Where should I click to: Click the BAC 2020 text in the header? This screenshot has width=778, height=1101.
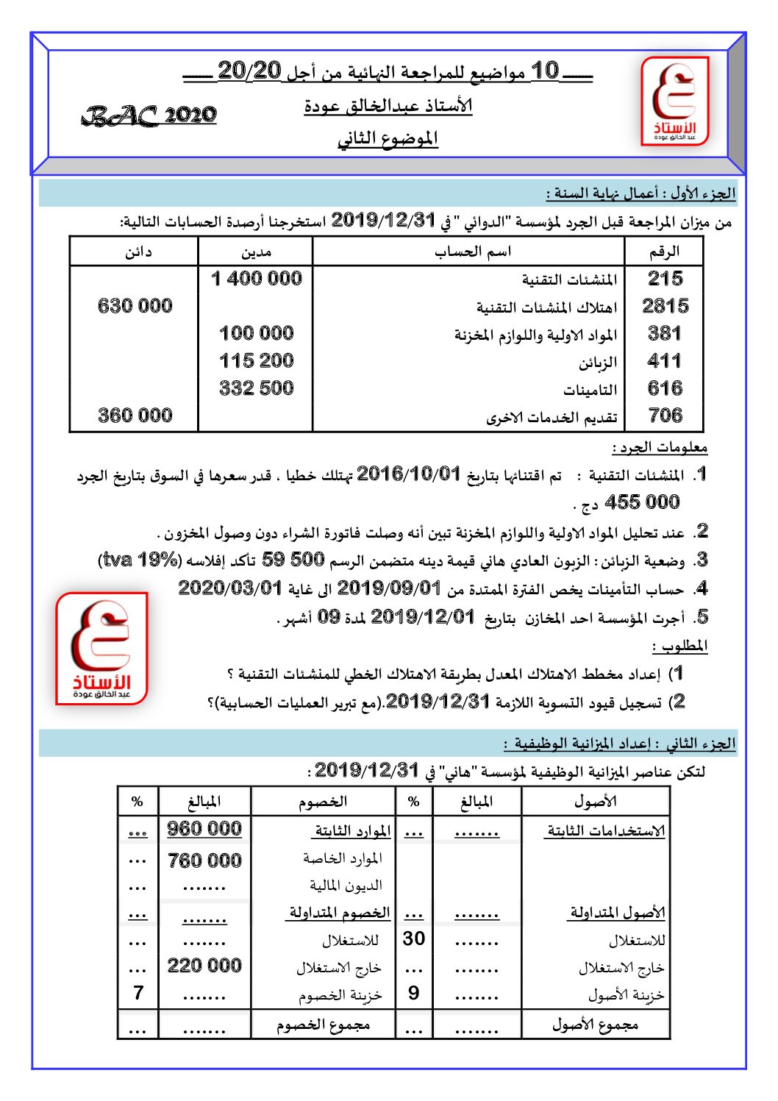[x=149, y=115]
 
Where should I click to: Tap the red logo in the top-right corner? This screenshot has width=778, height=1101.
[x=675, y=101]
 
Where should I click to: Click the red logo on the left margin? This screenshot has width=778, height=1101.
[x=101, y=649]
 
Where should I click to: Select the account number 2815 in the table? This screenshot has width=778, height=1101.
[x=665, y=306]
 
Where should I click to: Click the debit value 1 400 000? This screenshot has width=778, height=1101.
[x=256, y=279]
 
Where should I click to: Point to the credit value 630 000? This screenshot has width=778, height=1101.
[x=135, y=306]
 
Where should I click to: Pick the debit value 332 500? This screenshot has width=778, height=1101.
[x=256, y=388]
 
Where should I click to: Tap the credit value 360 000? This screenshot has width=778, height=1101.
[x=135, y=416]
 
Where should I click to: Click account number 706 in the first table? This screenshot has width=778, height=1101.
[x=665, y=416]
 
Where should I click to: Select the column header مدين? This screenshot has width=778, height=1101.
[x=256, y=252]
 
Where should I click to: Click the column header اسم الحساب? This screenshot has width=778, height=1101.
[x=472, y=252]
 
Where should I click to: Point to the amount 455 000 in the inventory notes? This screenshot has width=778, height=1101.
[x=641, y=503]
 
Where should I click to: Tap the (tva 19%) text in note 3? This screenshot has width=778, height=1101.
[x=140, y=560]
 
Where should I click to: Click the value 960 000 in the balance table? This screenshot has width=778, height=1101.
[x=204, y=829]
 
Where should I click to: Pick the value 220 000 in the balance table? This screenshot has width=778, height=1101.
[x=204, y=966]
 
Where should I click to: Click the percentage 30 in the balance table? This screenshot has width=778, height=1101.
[x=414, y=938]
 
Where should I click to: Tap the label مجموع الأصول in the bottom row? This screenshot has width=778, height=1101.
[x=595, y=1025]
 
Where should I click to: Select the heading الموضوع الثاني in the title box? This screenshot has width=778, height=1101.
[x=388, y=139]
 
